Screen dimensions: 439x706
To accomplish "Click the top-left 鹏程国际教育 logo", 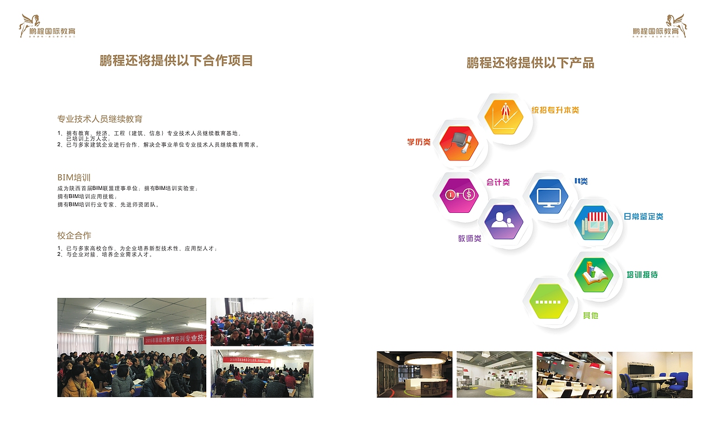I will (x=48, y=26).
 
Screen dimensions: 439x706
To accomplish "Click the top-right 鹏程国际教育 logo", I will (x=660, y=26).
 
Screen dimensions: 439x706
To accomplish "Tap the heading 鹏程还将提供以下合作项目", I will (x=176, y=61).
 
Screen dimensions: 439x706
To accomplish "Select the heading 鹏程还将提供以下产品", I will (x=530, y=63).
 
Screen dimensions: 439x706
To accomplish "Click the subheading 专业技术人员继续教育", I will (x=100, y=119).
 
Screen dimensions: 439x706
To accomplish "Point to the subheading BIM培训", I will (x=74, y=178).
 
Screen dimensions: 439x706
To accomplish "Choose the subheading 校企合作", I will (x=74, y=235).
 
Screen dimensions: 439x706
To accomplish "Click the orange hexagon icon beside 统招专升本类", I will (x=503, y=117).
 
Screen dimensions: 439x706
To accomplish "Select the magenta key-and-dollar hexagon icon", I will (x=458, y=195).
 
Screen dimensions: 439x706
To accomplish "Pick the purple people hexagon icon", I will (x=503, y=222).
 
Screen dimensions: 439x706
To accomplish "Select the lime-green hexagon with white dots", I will (x=548, y=301).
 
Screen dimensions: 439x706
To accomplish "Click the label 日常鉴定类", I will (x=643, y=217).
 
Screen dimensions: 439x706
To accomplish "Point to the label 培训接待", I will (x=642, y=275).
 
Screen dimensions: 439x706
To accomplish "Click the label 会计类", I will (x=498, y=182).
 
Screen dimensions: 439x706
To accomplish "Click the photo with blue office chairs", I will (x=654, y=374).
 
